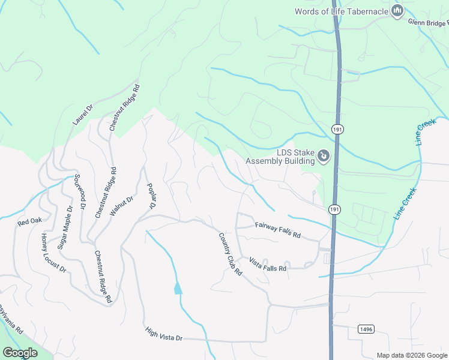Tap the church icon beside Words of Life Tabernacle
[397, 10]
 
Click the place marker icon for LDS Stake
[324, 157]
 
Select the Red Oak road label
[30, 221]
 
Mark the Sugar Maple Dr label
[65, 227]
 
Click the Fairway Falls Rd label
[277, 230]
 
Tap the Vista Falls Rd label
[268, 264]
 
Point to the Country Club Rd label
[230, 254]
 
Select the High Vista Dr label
[164, 334]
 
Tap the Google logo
[20, 353]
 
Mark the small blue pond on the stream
[178, 289]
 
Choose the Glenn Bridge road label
[429, 22]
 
